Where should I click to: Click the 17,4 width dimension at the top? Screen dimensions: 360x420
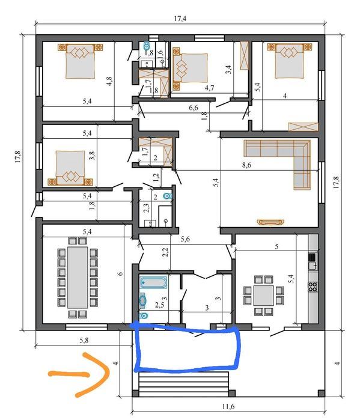click(x=180, y=19)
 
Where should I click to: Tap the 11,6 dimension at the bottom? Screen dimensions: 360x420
click(x=228, y=407)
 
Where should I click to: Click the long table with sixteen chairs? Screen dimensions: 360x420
click(x=78, y=277)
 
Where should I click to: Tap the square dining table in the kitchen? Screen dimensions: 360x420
click(x=264, y=296)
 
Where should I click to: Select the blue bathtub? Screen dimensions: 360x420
click(x=153, y=282)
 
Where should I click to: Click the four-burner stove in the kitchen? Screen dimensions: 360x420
click(x=313, y=287)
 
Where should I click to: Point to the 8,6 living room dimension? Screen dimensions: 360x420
click(x=246, y=165)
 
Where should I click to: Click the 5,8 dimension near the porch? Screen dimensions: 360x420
click(x=84, y=341)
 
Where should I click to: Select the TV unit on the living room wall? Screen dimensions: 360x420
click(x=270, y=222)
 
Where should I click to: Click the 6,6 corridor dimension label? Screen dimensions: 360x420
click(x=194, y=108)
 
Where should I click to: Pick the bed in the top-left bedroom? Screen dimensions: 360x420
click(x=81, y=61)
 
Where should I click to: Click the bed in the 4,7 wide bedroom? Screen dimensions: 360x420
click(x=191, y=68)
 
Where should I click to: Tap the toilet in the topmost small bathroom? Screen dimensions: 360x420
click(x=146, y=46)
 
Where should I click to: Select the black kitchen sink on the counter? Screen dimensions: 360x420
click(x=312, y=257)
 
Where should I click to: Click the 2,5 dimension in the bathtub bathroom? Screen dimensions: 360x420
click(x=159, y=305)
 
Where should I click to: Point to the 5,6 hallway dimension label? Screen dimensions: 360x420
click(x=185, y=239)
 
